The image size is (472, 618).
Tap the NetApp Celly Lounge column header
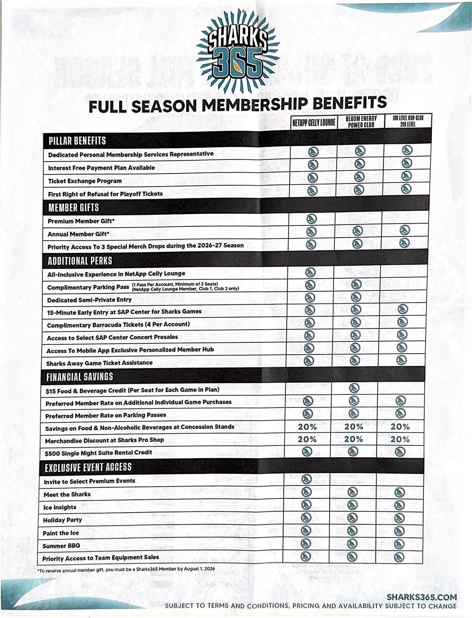(x=314, y=122)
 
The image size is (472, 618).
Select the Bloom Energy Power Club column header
(x=361, y=122)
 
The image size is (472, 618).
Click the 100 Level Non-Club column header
(x=408, y=121)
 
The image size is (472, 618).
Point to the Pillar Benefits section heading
(x=77, y=141)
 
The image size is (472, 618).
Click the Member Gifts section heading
(x=73, y=207)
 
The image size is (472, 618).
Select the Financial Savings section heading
(x=80, y=376)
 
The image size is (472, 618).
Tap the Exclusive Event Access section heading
(x=88, y=467)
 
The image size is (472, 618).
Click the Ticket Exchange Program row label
(x=85, y=181)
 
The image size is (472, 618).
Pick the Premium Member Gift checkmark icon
(x=312, y=219)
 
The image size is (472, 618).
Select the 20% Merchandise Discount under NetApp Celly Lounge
(x=307, y=439)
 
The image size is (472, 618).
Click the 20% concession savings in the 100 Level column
(x=400, y=427)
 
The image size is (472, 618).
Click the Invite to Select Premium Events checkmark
(x=306, y=479)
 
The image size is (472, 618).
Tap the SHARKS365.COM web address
(x=421, y=597)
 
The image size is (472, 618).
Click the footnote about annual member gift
(x=126, y=570)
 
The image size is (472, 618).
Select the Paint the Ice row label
(x=61, y=533)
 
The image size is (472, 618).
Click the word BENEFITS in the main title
(x=349, y=103)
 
